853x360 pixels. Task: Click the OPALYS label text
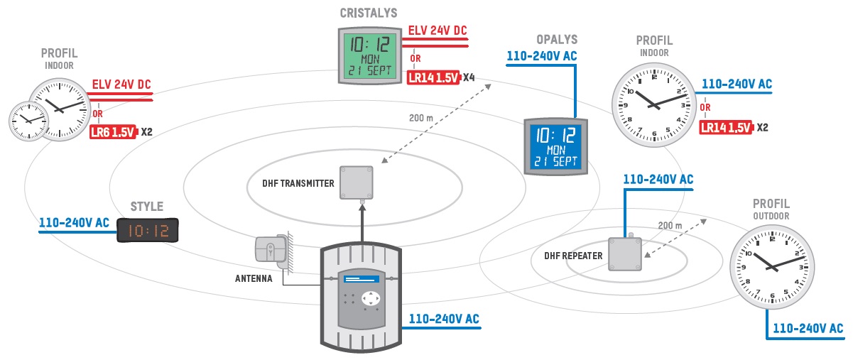[557, 39]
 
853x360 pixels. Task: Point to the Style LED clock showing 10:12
[148, 230]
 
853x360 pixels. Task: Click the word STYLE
[146, 207]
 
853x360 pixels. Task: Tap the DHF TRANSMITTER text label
[298, 184]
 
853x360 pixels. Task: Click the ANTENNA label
[254, 279]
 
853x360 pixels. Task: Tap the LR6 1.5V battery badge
[113, 132]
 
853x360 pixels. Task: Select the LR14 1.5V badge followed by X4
[433, 76]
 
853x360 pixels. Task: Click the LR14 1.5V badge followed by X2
[726, 128]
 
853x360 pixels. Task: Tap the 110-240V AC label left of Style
[74, 223]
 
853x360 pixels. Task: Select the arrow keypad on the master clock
[370, 298]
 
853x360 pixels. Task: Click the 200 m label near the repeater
[670, 225]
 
